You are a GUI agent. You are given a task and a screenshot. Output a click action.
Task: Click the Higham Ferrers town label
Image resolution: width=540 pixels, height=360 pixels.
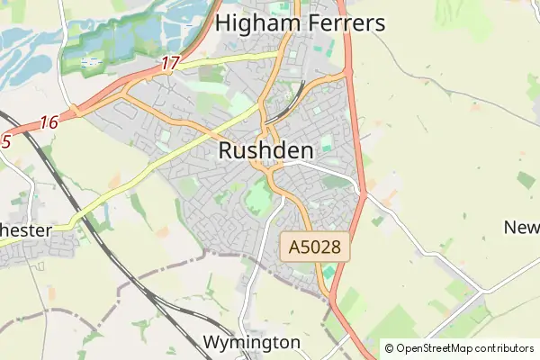301,22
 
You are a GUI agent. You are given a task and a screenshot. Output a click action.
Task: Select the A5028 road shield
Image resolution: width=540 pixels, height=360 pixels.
314,246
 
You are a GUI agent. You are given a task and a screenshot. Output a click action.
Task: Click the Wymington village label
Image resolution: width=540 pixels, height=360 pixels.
251,343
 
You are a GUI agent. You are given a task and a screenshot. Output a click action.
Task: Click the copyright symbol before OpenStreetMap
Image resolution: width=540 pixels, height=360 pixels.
389,348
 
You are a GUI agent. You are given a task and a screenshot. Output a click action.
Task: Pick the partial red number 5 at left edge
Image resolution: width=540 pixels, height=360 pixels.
5,140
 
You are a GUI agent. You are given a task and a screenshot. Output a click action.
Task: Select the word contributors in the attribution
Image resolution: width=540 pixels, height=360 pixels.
505,348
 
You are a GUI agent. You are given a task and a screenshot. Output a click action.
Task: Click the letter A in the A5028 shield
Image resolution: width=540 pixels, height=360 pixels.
294,246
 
